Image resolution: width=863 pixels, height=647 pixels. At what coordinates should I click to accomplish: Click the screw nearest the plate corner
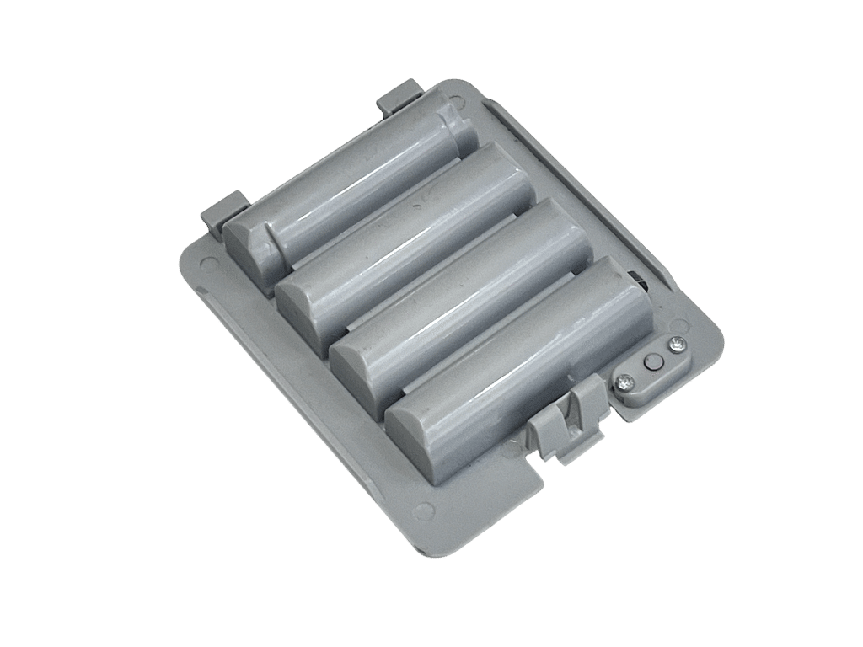[x=676, y=345]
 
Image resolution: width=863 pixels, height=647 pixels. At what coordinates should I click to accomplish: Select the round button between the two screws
[x=650, y=363]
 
